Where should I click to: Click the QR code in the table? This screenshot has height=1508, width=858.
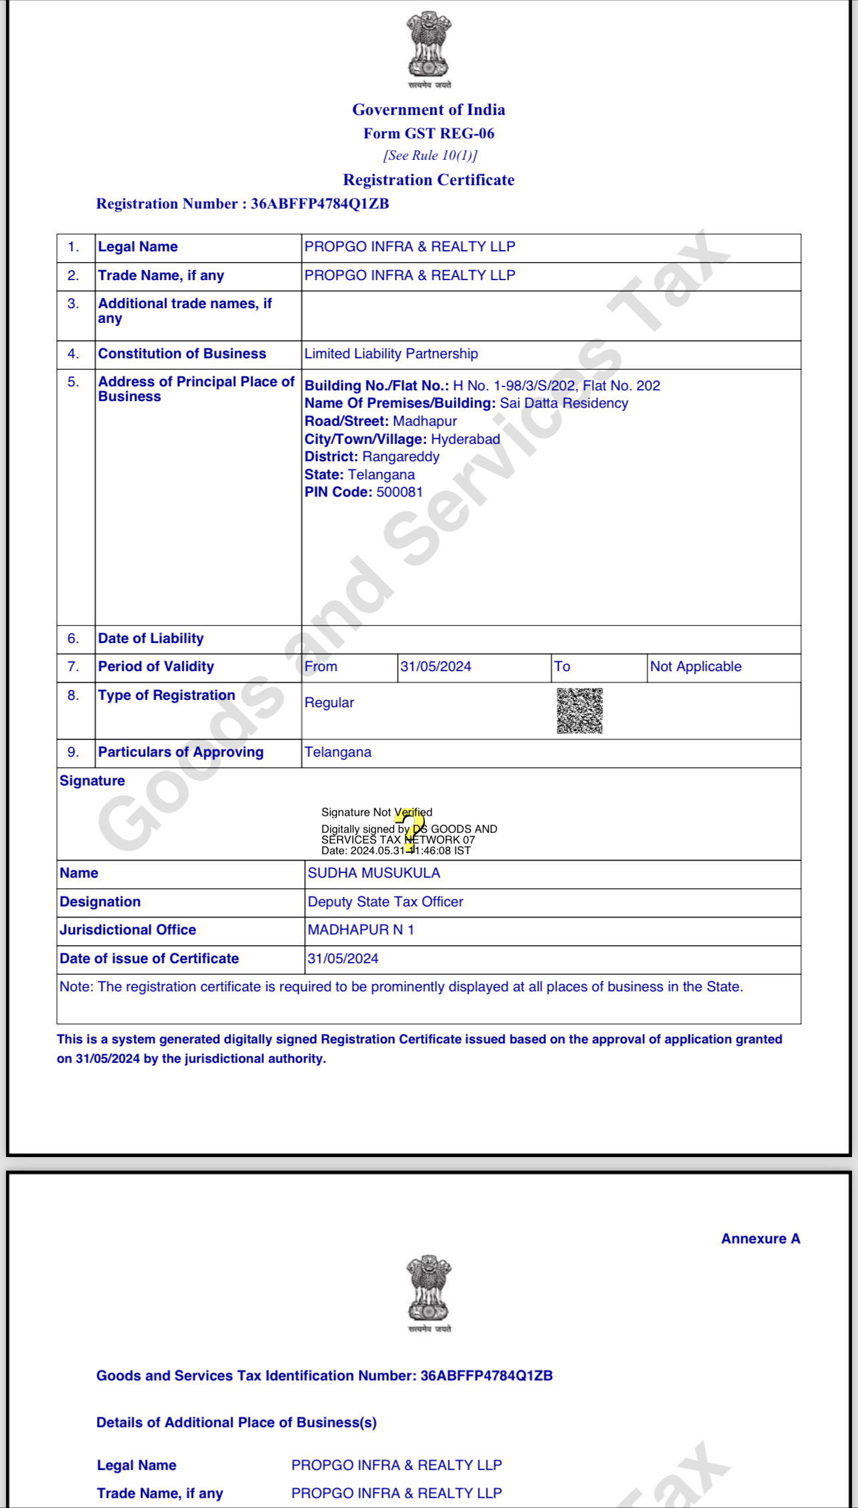pos(579,711)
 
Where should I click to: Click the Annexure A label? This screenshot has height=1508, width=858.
pos(760,1239)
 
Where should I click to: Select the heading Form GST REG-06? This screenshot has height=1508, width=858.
pos(429,134)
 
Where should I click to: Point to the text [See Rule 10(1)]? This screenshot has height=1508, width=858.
pos(430,156)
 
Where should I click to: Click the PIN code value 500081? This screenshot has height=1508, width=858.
pos(400,492)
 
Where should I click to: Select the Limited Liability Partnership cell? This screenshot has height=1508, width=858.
pos(391,354)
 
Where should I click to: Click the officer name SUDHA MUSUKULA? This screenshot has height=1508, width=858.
pos(374,873)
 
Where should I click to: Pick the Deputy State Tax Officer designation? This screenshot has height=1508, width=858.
pos(385,902)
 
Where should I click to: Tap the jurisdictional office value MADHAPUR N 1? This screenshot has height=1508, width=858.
pos(361,930)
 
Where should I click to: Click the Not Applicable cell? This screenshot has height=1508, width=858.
pos(696,666)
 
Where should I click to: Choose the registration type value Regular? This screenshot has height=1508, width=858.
pos(329,703)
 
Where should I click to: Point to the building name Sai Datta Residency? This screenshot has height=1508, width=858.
pos(564,403)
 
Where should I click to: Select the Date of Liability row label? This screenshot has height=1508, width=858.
pos(151,638)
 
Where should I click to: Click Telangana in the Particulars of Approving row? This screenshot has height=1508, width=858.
pos(338,752)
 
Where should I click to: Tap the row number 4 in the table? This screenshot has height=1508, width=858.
pos(74,354)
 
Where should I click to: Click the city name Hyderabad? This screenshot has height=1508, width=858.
pos(465,439)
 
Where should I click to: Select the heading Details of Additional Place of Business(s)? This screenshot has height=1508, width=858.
pos(237,1422)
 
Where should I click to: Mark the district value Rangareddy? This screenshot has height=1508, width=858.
pos(401,457)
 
